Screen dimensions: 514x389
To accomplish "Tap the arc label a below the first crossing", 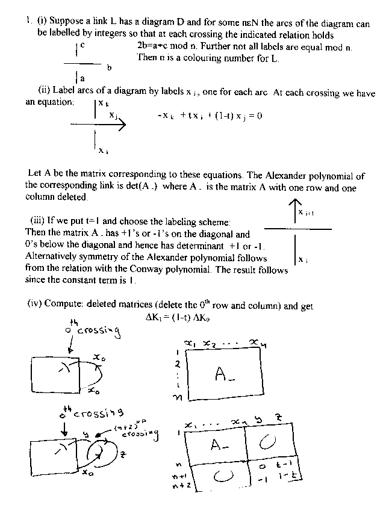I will tap(82, 78).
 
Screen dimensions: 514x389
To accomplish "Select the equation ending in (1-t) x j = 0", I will tap(209, 116).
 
